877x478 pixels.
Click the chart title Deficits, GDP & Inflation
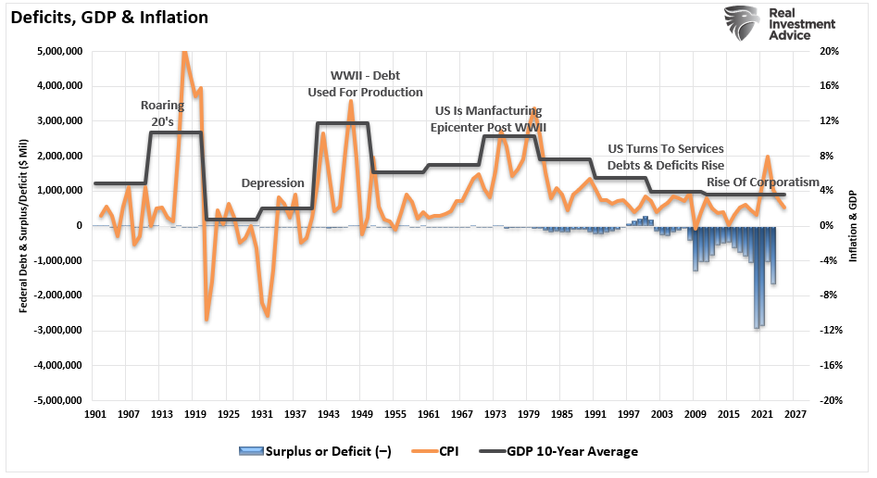coord(108,18)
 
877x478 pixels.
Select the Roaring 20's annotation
coord(162,112)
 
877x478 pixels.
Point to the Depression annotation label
coord(273,183)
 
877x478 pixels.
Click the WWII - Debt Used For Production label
coord(365,83)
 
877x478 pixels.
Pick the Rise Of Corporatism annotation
coord(762,182)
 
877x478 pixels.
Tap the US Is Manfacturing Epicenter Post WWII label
coord(488,119)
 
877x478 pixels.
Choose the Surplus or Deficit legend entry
coord(315,451)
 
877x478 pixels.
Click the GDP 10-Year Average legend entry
coord(559,451)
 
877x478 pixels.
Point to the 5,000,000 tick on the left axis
coord(58,51)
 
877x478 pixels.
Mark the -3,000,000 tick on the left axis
coord(56,331)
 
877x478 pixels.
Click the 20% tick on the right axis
coord(830,51)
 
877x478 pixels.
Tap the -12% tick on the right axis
coord(831,331)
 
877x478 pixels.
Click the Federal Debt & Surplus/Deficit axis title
coord(22,225)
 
